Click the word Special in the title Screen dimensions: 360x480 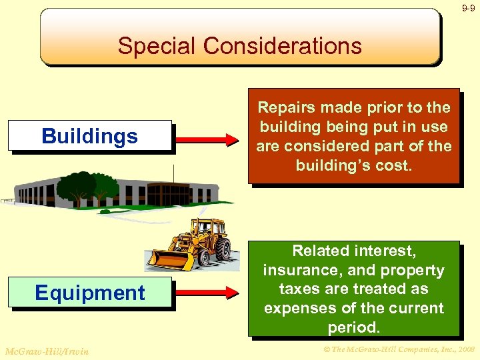tap(157, 46)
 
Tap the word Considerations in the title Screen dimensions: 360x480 tap(283, 46)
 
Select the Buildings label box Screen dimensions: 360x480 tap(89, 136)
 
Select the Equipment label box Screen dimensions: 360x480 tap(89, 293)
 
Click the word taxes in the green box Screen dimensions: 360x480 tap(299, 289)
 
